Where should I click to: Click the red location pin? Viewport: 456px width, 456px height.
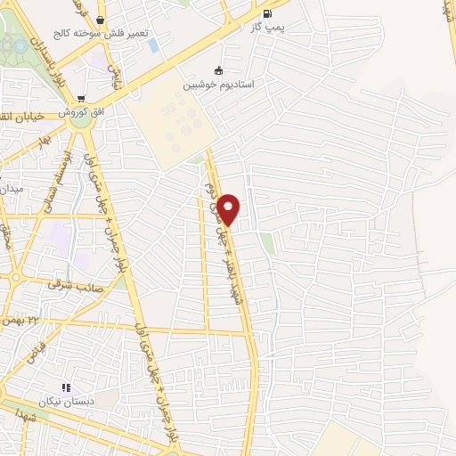[229, 209]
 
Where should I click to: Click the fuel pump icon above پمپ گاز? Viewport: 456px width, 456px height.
[269, 14]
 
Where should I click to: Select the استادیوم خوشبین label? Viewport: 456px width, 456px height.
[219, 85]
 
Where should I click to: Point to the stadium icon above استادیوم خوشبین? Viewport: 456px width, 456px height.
[219, 70]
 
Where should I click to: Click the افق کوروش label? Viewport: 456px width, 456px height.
[81, 114]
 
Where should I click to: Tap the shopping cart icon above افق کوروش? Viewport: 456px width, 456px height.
[81, 99]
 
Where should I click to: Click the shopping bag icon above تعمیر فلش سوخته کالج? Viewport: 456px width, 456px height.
[99, 20]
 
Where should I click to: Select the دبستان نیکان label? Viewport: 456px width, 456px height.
[65, 403]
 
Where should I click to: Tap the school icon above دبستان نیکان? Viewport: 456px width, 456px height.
[65, 387]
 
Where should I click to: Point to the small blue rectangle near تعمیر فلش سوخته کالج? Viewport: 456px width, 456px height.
[154, 45]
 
